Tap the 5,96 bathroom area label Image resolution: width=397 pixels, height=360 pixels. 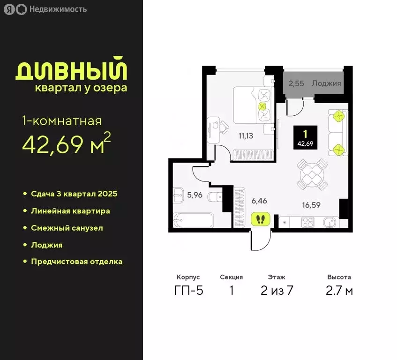click(x=194, y=195)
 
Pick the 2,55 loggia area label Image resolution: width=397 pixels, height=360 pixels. click(x=297, y=84)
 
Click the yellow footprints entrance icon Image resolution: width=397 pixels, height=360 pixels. click(x=259, y=219)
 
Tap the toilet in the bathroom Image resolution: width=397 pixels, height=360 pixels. click(x=217, y=196)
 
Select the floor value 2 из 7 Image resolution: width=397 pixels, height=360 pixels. click(x=277, y=291)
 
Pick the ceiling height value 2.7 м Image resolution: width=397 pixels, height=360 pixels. click(x=340, y=291)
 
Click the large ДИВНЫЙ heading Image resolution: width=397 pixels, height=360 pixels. click(x=72, y=71)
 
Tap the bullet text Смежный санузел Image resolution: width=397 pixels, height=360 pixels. click(x=67, y=228)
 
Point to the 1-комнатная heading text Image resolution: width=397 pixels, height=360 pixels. click(x=62, y=121)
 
